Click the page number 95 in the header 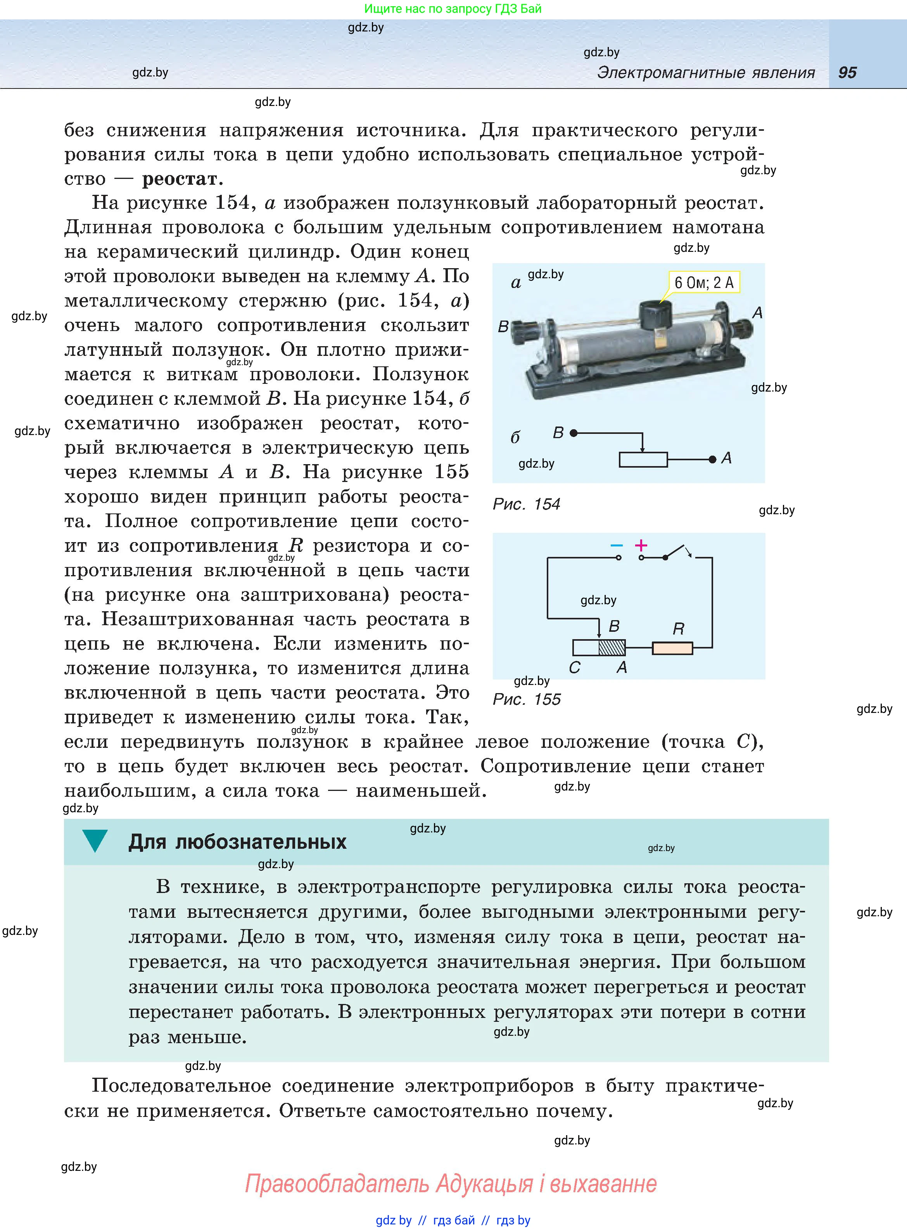[x=847, y=73]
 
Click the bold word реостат [x=180, y=179]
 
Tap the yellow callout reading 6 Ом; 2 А [x=704, y=283]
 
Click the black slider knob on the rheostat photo [x=656, y=315]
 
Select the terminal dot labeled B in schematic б [x=574, y=433]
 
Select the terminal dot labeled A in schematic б [x=712, y=459]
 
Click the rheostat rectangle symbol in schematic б [x=643, y=459]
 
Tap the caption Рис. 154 [x=526, y=504]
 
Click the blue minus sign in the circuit [x=617, y=546]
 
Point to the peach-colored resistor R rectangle [x=672, y=648]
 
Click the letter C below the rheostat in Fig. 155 [x=574, y=668]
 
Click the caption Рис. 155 [x=526, y=699]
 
